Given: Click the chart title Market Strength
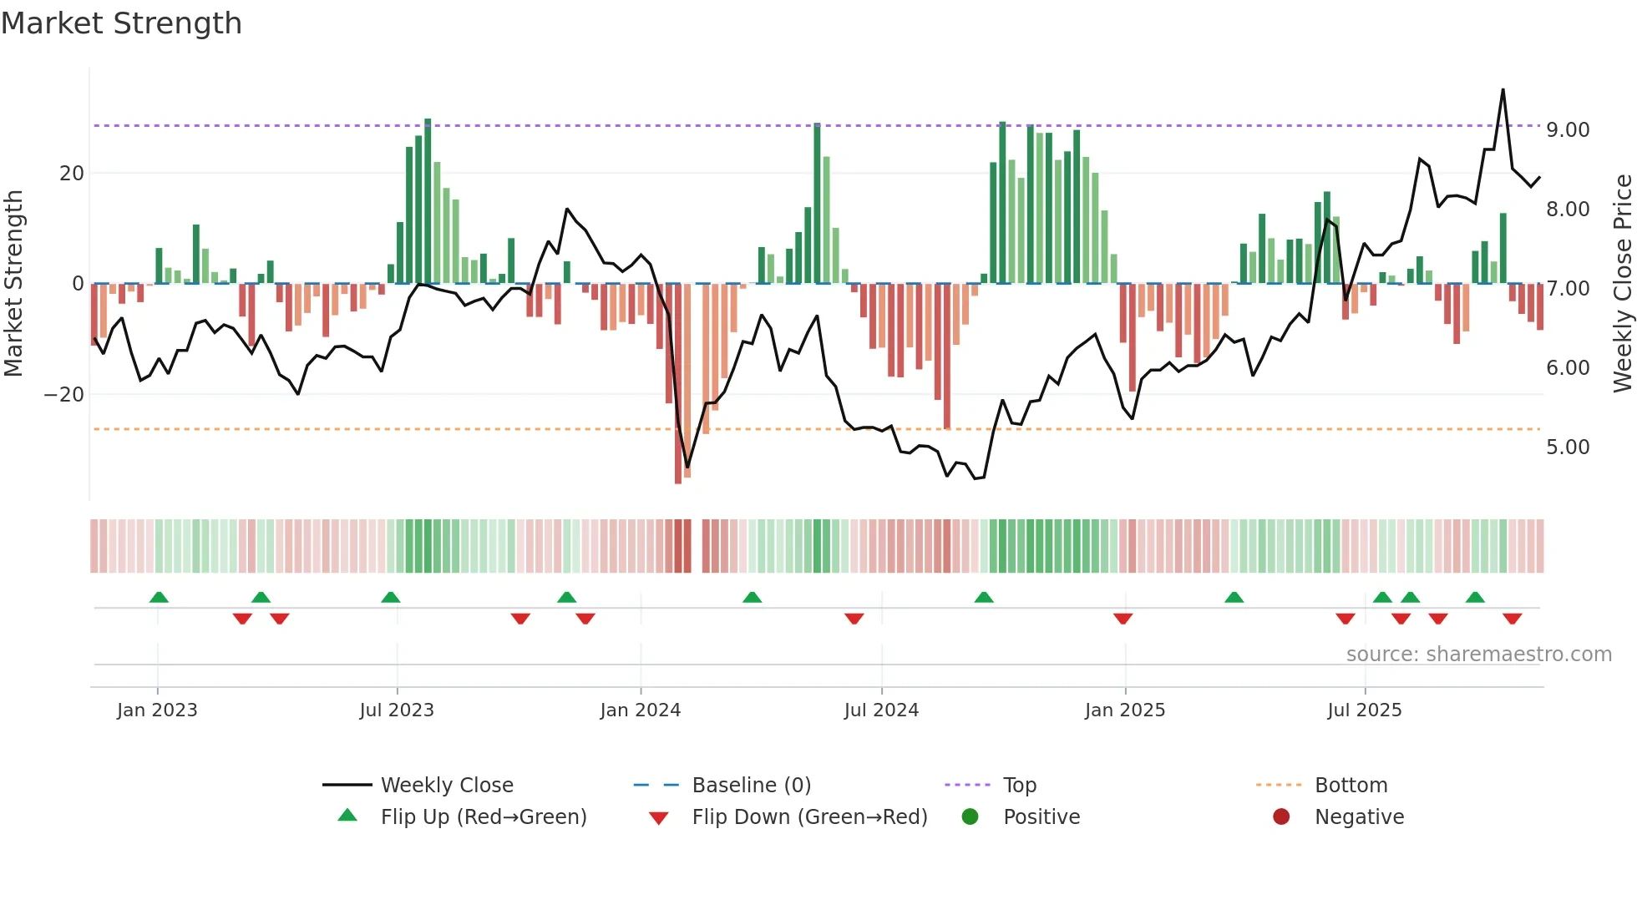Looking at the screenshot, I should pos(121,23).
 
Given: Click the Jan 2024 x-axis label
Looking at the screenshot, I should pos(640,710).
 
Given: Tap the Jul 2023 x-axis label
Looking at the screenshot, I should pos(397,710).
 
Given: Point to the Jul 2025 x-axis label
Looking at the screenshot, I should pos(1364,710).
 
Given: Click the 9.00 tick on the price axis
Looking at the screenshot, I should pos(1567,130).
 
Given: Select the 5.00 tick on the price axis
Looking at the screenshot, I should pos(1567,447).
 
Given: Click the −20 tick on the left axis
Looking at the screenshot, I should pos(64,395).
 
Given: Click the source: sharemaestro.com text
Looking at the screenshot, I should pos(1478,655).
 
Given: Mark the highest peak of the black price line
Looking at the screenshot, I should pos(1503,90).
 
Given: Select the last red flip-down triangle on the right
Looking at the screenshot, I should pos(1512,619).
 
